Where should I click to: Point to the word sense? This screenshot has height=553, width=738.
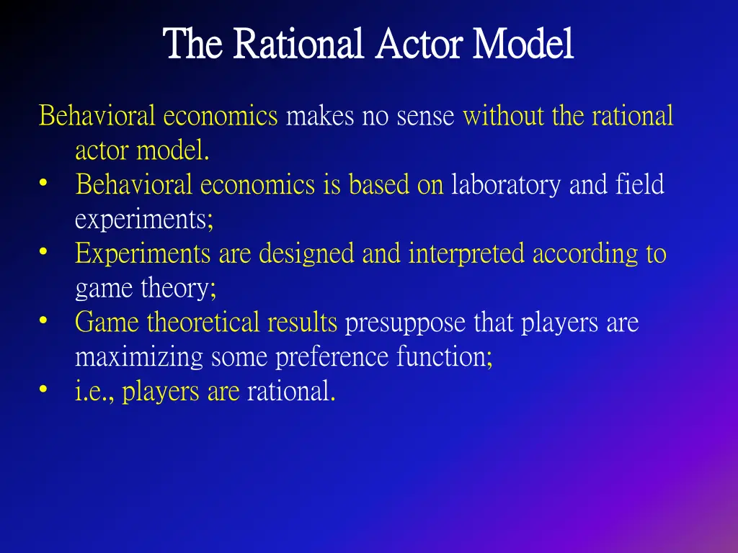click(x=424, y=116)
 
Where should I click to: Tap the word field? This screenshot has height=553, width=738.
click(x=639, y=185)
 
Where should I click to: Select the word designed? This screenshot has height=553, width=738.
click(x=307, y=254)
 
